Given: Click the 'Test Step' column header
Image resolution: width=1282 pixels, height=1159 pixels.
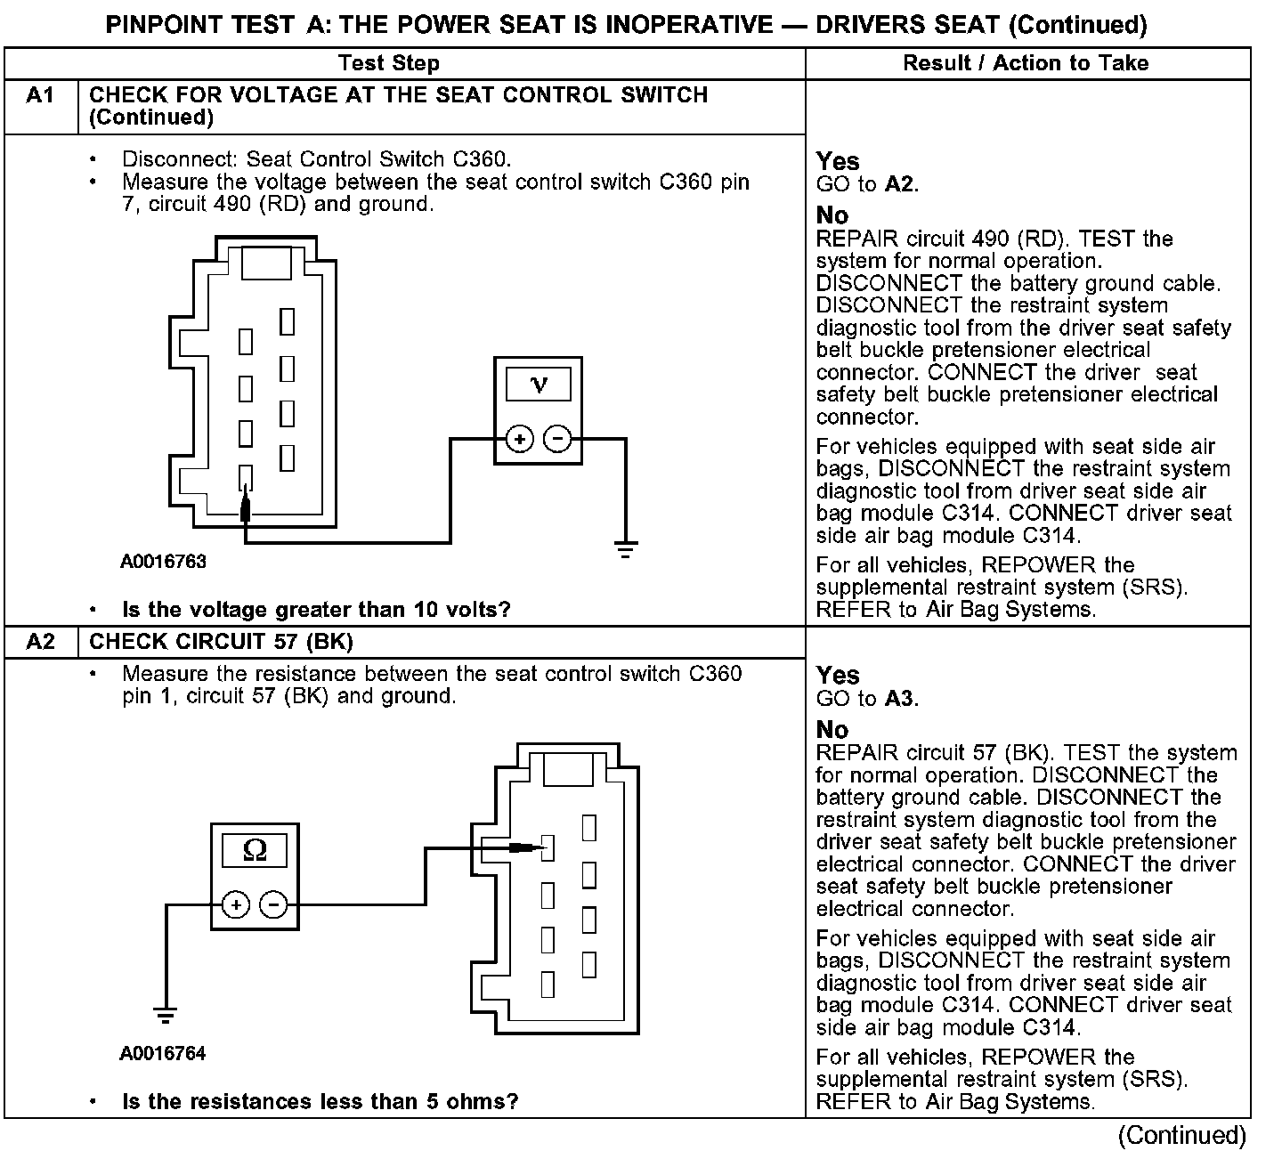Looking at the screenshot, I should click(389, 63).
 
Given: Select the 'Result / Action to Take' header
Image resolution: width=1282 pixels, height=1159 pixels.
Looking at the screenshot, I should click(1026, 63).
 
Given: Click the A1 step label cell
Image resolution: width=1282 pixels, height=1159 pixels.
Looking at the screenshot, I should click(41, 95).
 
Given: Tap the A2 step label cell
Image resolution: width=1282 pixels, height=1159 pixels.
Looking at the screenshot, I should click(41, 642).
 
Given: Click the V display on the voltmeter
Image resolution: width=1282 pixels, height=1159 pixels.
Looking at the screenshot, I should click(539, 385).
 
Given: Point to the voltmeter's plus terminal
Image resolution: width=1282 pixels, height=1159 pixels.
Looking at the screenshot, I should click(519, 439).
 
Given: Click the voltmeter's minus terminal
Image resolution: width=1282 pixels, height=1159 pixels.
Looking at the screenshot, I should click(558, 439).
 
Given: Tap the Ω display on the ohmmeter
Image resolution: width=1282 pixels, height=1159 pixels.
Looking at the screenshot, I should click(255, 851).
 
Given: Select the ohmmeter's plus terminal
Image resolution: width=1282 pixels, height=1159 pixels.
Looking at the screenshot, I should click(235, 905).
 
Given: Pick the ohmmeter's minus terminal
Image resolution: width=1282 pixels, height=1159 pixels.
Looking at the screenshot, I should click(273, 905).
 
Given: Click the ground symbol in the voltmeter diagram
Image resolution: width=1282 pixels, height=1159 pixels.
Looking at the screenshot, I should click(626, 547).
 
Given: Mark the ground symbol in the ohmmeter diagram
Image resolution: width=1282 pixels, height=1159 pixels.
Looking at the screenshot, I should click(165, 1015).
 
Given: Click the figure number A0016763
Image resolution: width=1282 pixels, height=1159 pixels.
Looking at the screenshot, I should click(163, 562).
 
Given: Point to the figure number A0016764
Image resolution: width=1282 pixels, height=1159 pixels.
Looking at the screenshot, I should click(163, 1054).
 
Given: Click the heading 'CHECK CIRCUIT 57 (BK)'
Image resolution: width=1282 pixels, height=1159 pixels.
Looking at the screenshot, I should click(222, 642).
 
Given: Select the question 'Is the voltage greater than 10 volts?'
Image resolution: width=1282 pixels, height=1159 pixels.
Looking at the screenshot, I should click(316, 610).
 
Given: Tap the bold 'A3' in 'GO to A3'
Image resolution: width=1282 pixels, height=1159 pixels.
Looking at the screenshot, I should click(900, 699).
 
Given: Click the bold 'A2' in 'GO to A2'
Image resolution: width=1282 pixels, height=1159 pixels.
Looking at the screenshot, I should click(900, 185).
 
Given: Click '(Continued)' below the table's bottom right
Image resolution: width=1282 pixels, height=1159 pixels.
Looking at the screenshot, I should click(1182, 1136).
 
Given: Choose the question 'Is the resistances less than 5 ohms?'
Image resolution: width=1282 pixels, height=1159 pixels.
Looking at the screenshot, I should click(320, 1102).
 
